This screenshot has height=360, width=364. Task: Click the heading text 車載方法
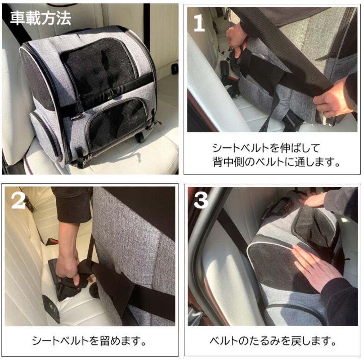pos(40,19)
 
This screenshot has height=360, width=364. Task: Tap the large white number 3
pos(202,201)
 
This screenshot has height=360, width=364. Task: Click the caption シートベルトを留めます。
pos(90,341)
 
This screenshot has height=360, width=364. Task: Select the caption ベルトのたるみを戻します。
pos(273,341)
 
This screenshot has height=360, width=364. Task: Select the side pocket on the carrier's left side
pos(44,135)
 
